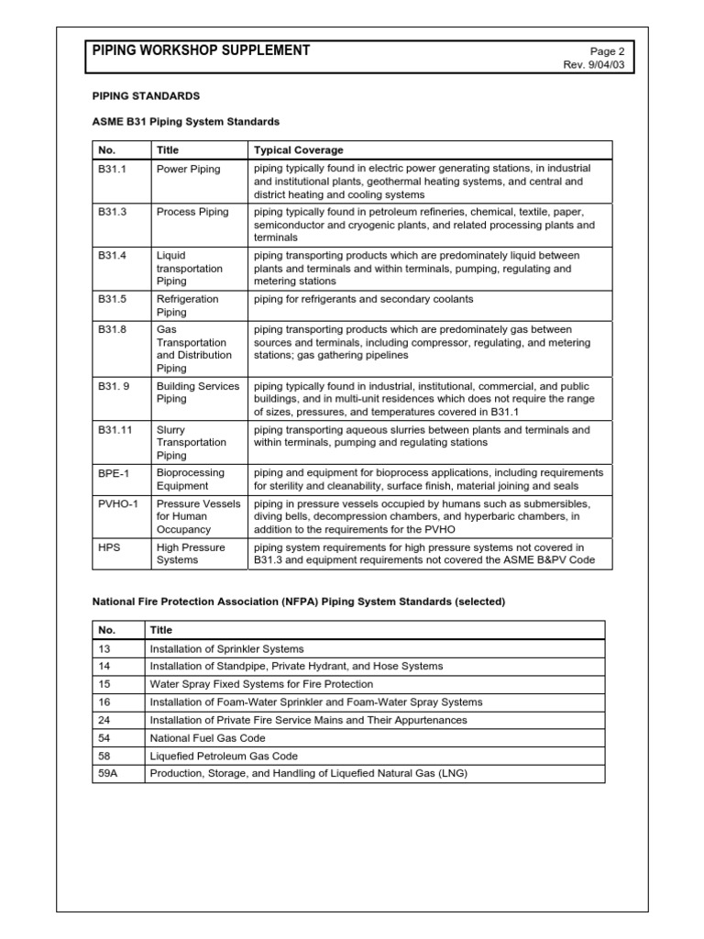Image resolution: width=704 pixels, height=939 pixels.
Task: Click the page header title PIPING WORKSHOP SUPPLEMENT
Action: [x=201, y=50]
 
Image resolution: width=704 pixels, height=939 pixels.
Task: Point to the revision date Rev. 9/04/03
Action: [x=599, y=65]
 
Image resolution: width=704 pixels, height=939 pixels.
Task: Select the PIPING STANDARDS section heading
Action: [x=146, y=95]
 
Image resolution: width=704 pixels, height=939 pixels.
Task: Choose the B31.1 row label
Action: [x=112, y=169]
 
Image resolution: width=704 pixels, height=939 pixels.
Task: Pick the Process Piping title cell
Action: [x=192, y=212]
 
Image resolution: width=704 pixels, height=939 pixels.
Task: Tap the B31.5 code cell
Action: [x=112, y=299]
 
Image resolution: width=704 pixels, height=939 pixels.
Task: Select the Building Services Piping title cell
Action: [x=197, y=392]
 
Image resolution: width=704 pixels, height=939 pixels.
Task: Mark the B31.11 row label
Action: [x=115, y=429]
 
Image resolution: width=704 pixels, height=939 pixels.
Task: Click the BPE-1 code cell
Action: [x=113, y=473]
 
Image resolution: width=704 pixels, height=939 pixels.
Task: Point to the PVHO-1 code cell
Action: [x=117, y=503]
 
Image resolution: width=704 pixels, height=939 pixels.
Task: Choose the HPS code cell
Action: [x=109, y=547]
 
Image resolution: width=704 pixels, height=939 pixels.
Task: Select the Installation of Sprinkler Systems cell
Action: [x=226, y=648]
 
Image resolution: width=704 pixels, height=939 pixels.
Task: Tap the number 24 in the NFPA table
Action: [x=104, y=720]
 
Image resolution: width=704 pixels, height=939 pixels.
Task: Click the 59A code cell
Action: [x=107, y=773]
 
